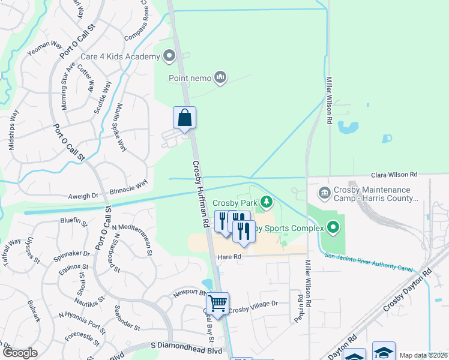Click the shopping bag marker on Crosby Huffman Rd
(184, 118)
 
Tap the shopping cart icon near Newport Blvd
(217, 303)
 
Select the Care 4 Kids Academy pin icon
(169, 57)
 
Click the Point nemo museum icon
(220, 77)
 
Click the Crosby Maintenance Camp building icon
(324, 193)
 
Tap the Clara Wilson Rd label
(394, 174)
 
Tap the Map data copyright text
(423, 355)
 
